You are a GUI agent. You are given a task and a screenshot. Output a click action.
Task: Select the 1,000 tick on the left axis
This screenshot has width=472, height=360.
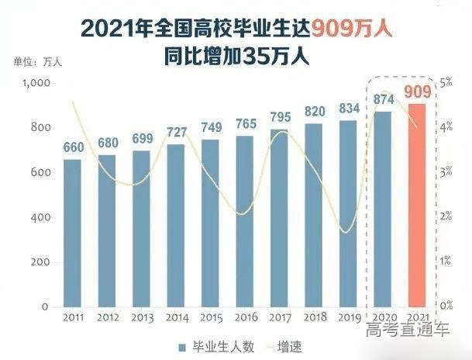pos(36,83)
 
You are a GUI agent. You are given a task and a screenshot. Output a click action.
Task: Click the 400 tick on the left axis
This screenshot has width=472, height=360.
pos(40,217)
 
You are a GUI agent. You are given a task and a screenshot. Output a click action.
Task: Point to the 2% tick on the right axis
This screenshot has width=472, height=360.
pos(447,217)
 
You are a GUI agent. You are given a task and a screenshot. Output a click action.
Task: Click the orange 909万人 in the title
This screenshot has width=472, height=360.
pos(350,29)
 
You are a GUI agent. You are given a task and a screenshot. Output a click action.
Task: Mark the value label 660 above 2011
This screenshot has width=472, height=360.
pos(72,147)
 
